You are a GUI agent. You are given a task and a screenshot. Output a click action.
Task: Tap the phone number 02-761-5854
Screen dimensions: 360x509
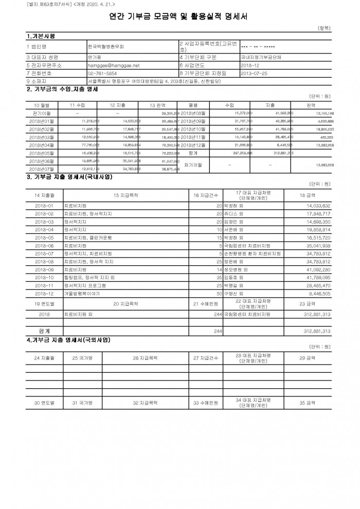103,73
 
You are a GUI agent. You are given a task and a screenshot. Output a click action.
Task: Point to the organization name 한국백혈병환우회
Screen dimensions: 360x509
106,46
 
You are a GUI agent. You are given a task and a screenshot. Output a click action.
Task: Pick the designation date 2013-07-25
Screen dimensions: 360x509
254,73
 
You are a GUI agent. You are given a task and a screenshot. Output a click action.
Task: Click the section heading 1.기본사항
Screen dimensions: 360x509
41,36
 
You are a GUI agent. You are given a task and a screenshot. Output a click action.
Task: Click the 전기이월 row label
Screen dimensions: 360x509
40,113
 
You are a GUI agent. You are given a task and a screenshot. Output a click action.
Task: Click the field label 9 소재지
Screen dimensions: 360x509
35,81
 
